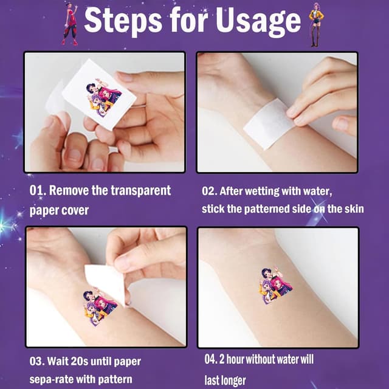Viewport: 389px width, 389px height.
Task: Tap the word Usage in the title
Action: point(258,22)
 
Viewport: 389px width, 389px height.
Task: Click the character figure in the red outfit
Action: point(71,24)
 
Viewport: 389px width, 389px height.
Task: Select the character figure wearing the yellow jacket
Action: point(316,24)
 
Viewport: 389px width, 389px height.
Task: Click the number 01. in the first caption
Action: point(38,190)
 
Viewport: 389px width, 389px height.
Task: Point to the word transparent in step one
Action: point(140,190)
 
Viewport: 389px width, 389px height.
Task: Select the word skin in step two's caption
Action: point(354,208)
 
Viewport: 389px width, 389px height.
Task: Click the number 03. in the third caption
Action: point(37,361)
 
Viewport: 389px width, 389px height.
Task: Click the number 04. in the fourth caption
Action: point(211,359)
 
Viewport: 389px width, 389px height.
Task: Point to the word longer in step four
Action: point(232,380)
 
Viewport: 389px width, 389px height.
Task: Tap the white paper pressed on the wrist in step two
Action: point(269,123)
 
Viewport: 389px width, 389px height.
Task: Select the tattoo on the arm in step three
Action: point(100,306)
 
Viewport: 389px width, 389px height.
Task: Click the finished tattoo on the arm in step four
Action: point(275,285)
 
